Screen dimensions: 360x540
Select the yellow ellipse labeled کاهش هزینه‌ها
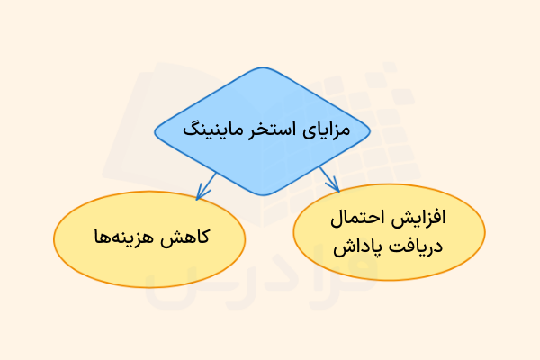click(x=150, y=238)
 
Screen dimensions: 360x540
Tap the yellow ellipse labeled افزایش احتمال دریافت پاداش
click(x=389, y=232)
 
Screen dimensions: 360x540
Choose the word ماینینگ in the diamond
click(x=215, y=129)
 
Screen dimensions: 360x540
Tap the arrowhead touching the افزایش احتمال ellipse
click(x=335, y=186)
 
